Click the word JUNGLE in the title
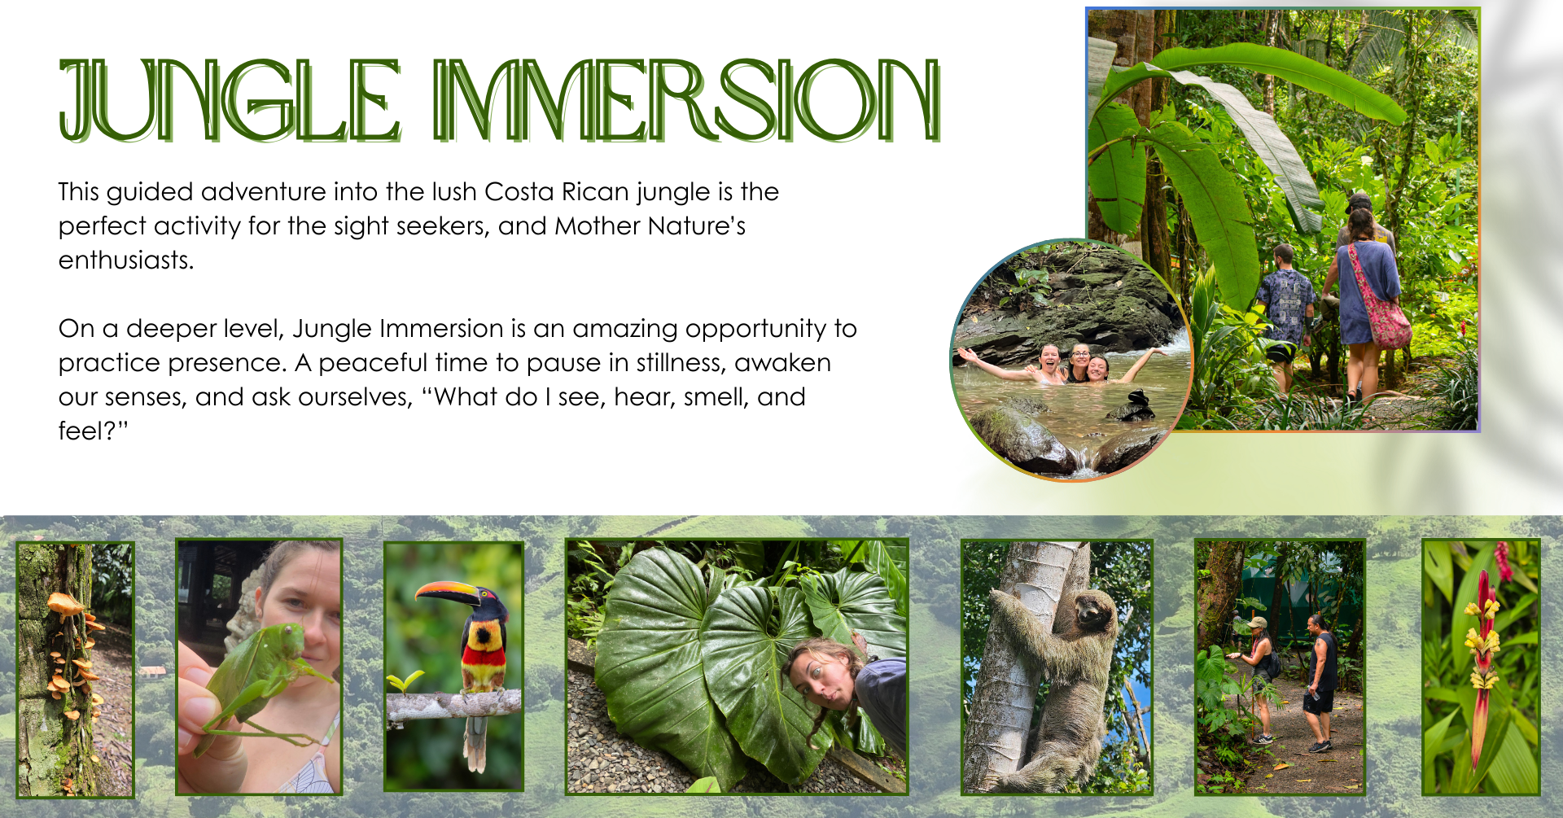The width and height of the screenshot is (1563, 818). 230,100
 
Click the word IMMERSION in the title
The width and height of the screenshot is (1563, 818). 687,100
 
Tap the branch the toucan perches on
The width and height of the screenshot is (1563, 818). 453,705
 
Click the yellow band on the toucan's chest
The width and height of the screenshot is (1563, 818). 484,638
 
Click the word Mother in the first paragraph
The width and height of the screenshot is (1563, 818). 598,225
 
